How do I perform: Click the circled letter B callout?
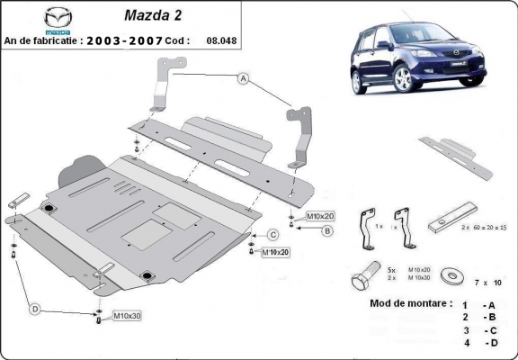tap(328, 231)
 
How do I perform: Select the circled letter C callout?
tap(271, 235)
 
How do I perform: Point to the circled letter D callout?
tap(35, 310)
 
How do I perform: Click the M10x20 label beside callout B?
tap(319, 217)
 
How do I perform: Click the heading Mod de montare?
tap(410, 303)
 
